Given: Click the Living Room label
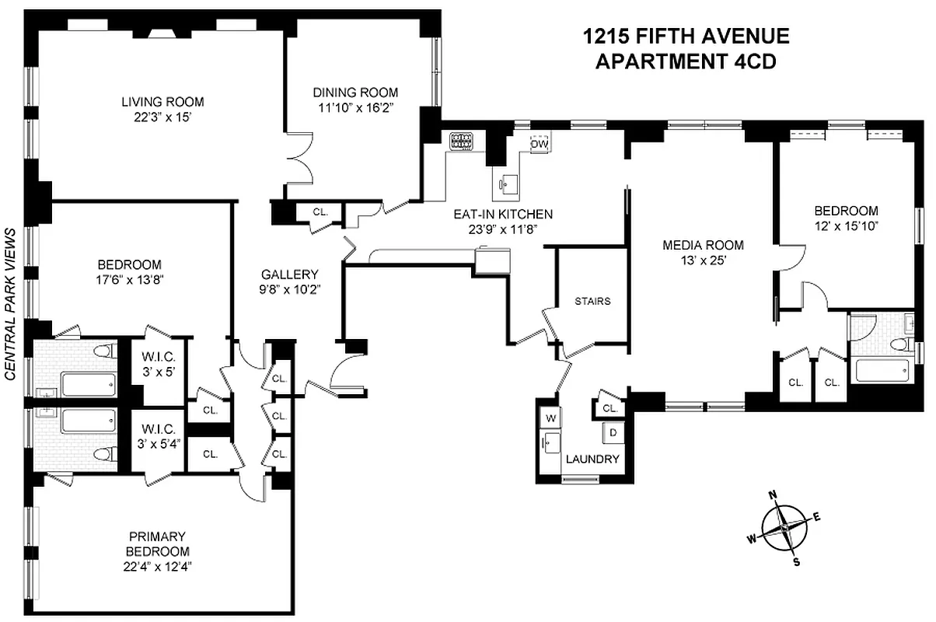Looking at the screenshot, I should [x=162, y=102].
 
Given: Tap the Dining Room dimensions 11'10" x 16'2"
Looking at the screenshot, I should [x=355, y=108].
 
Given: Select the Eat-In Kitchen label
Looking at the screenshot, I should [x=503, y=215].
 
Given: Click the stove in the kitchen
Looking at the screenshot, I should [x=462, y=141].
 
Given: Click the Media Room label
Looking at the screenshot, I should [x=703, y=245].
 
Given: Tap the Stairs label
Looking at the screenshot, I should [x=592, y=301].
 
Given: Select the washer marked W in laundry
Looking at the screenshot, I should [x=551, y=418].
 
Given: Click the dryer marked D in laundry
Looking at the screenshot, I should [x=613, y=432].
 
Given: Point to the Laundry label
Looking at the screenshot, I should [x=592, y=459].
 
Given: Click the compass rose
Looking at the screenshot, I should [x=784, y=527].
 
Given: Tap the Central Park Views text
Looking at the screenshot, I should [x=11, y=304].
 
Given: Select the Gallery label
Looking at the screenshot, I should [x=289, y=274].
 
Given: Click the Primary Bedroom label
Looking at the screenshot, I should [x=157, y=536].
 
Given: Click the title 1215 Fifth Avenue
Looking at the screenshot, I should [x=686, y=37].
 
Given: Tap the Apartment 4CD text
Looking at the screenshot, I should [x=686, y=62].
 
